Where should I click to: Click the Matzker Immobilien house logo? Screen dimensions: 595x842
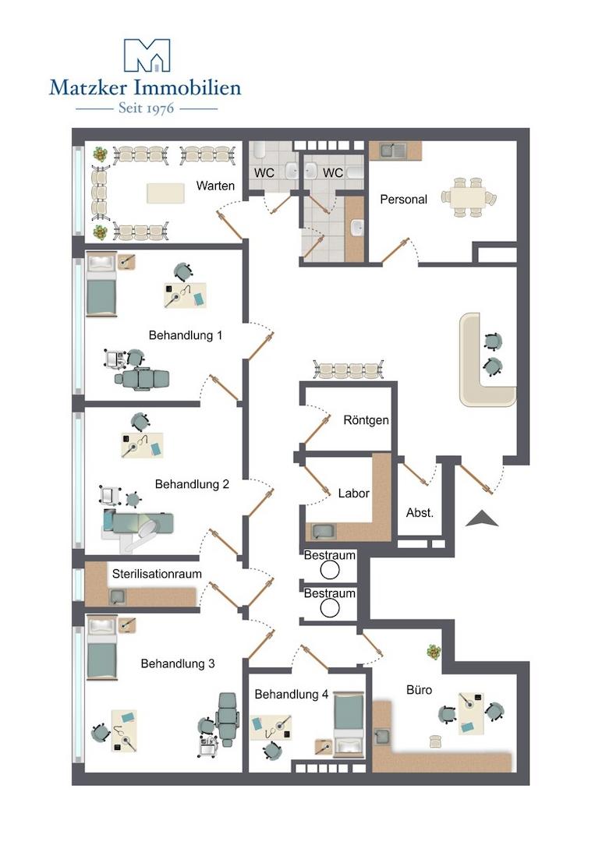147,55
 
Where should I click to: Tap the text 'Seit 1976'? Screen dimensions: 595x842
146,108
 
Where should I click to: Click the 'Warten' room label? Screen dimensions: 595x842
215,186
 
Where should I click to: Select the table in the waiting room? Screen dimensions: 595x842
166,193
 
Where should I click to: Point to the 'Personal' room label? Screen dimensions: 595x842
403,200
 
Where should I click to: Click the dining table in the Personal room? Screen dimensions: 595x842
469,197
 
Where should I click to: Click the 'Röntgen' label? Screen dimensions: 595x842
367,420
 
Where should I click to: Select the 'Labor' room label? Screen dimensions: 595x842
354,493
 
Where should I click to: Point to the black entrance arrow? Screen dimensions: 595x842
482,518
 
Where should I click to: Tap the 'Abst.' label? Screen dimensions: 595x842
420,513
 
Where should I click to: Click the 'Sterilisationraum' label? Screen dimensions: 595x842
157,574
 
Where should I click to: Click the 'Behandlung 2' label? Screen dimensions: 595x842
192,484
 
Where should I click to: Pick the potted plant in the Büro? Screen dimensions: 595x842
434,652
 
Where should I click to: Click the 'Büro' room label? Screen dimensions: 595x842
419,689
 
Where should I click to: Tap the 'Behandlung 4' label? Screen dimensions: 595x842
291,695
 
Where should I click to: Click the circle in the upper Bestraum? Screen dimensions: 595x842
330,570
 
